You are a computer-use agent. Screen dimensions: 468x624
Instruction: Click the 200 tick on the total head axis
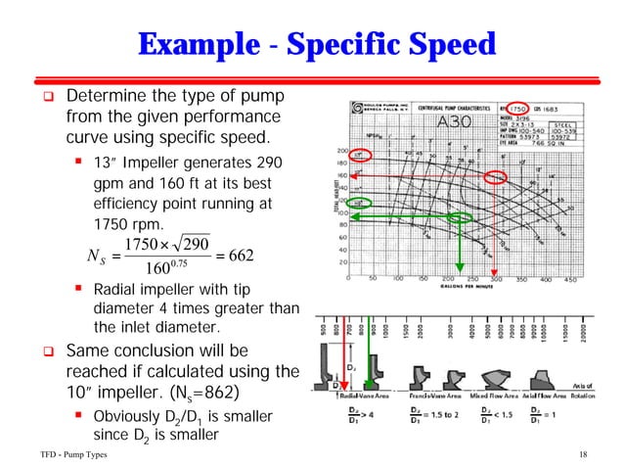pos(342,150)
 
